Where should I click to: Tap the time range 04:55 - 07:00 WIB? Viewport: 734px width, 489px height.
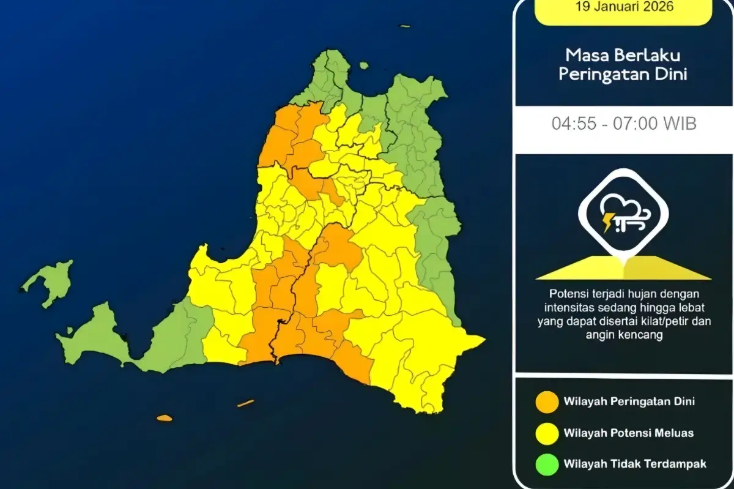tap(624, 124)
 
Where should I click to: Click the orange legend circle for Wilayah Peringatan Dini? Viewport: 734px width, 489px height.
tap(547, 401)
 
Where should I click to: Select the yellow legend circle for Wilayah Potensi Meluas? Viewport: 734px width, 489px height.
tap(547, 433)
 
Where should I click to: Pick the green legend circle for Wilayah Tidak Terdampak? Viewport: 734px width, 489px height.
tap(547, 464)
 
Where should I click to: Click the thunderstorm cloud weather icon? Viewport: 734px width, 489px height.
tap(623, 214)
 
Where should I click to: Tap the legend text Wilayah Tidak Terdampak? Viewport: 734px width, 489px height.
tap(635, 464)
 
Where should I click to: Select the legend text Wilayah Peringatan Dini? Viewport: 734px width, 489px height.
tap(629, 401)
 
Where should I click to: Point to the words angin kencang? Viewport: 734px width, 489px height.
tap(624, 335)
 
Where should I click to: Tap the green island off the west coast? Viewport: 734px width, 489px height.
tap(49, 282)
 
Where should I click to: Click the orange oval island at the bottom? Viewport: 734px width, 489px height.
tap(165, 418)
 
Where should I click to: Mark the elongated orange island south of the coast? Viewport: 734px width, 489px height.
tap(245, 403)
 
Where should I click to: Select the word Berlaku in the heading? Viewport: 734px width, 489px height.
tap(648, 55)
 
